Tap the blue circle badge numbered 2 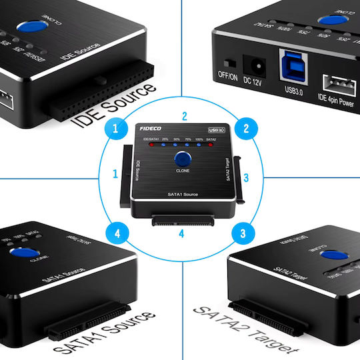tap(246, 128)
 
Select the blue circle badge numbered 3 tap(243, 233)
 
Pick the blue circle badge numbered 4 tap(117, 233)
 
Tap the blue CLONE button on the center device tap(182, 159)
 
